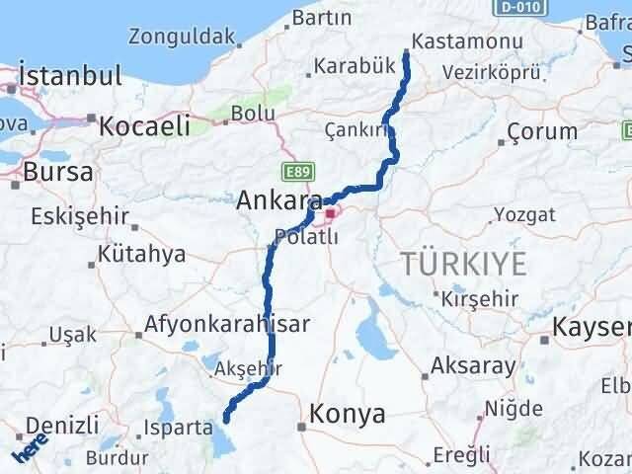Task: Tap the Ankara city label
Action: click(x=278, y=200)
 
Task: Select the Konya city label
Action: click(x=348, y=415)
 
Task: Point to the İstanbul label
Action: click(x=72, y=75)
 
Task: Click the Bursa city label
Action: click(x=60, y=171)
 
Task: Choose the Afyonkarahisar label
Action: click(x=227, y=323)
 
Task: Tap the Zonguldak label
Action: click(x=183, y=38)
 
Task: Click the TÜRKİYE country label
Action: click(x=462, y=262)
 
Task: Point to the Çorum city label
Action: click(x=541, y=131)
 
